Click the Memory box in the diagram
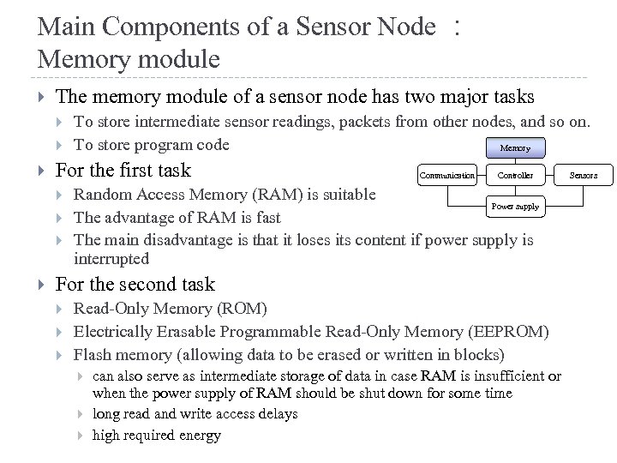(515, 147)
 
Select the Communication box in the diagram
(446, 175)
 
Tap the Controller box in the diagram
(515, 175)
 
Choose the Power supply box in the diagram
(515, 206)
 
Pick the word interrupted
(112, 259)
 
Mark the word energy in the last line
(200, 435)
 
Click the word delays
(274, 414)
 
